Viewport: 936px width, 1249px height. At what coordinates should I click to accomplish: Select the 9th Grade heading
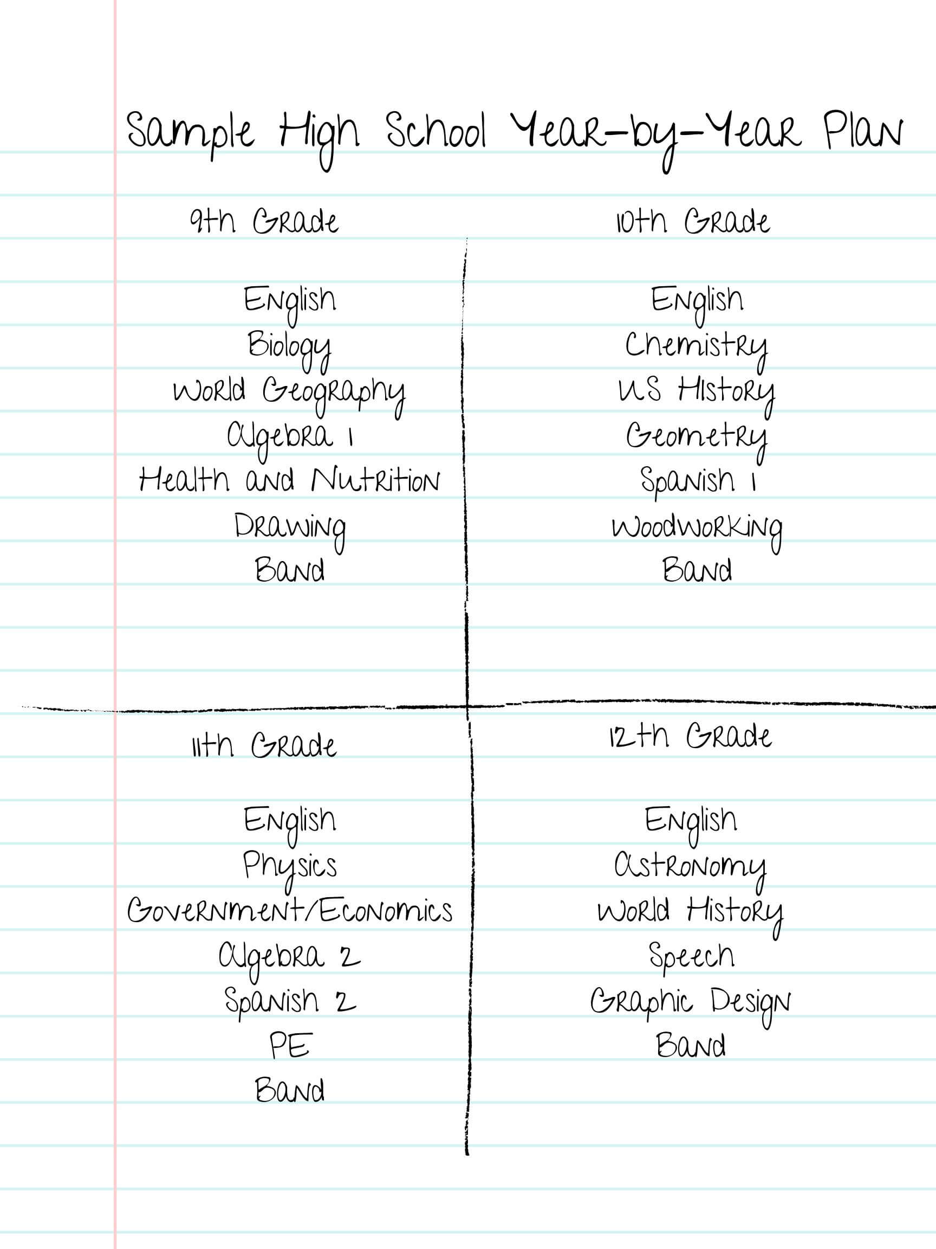264,221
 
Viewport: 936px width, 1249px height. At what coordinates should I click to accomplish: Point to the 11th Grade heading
264,745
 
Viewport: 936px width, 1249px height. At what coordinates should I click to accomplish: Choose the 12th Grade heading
690,736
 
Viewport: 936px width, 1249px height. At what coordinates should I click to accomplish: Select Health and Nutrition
289,480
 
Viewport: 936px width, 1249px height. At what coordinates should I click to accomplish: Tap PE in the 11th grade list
290,1046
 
